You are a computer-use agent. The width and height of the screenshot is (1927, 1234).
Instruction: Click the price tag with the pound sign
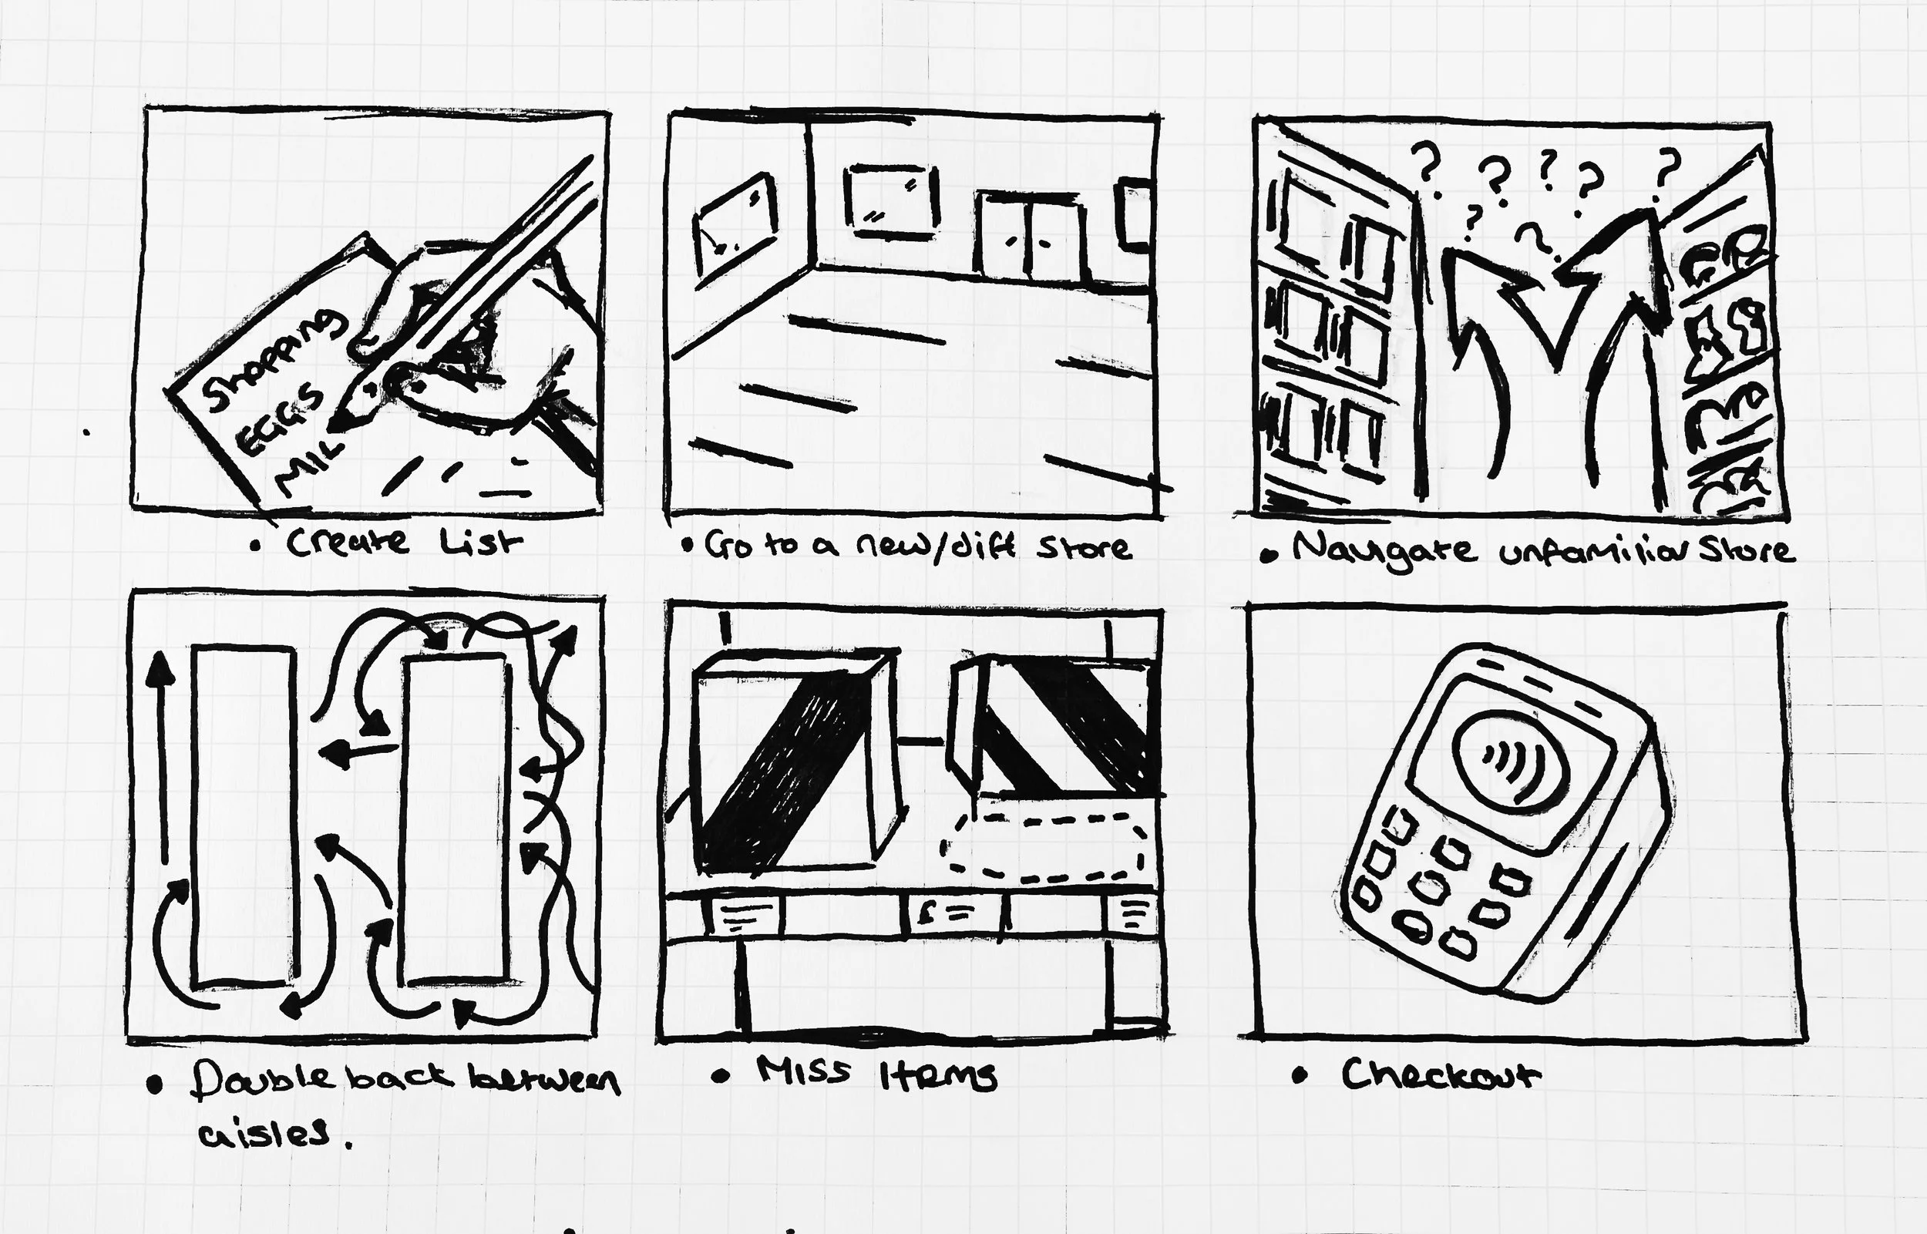pyautogui.click(x=953, y=913)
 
